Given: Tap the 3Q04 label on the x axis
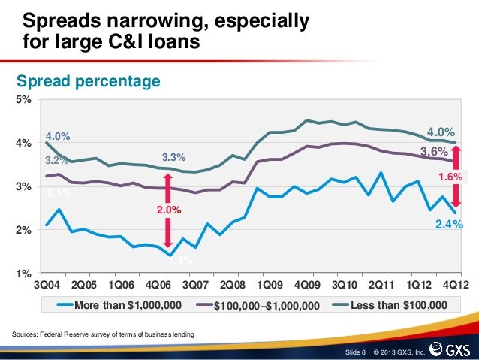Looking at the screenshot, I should point(47,286).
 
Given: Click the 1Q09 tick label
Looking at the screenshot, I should point(270,286).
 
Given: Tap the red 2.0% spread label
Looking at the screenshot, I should point(168,210).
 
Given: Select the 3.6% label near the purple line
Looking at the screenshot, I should point(433,151).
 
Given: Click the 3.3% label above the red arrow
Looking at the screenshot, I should point(173,157).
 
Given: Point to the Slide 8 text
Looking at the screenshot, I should point(354,351).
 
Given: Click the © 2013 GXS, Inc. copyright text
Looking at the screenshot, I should point(398,351).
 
